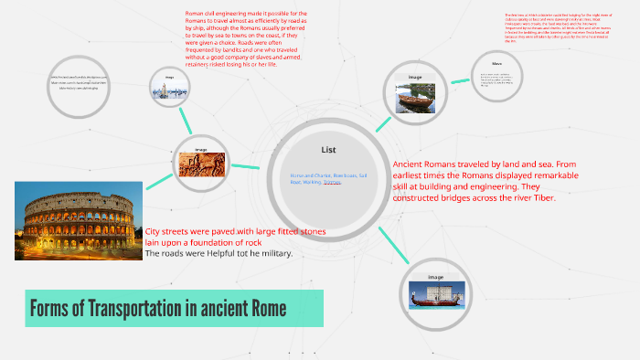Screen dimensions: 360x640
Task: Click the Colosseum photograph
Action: pos(78,220)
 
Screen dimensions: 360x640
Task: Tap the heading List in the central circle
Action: pos(330,149)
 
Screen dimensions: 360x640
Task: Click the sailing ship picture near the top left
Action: pos(169,89)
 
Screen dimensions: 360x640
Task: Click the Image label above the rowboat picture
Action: pos(415,78)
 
